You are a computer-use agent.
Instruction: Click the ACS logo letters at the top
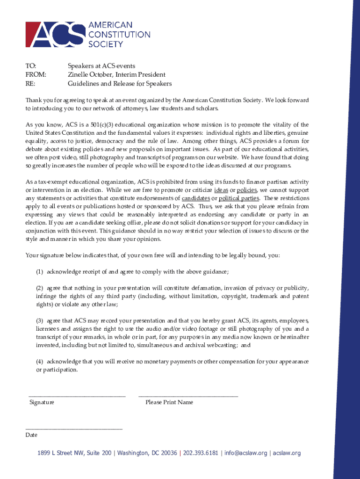tap(55, 34)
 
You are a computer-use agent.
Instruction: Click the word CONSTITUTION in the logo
tap(119, 35)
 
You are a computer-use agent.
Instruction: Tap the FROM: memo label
tap(36, 75)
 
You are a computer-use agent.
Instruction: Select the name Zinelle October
tap(93, 75)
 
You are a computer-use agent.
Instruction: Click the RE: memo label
tap(30, 84)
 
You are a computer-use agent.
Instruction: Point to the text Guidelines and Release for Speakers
tap(120, 84)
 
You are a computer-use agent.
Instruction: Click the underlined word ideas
tap(221, 190)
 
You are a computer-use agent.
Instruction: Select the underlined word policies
tap(247, 190)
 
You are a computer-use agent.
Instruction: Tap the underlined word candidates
tap(195, 198)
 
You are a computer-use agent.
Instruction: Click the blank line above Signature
tap(77, 396)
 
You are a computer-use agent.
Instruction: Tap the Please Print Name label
tap(169, 402)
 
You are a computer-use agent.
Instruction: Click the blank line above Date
tap(74, 428)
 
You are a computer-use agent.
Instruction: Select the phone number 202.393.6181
tap(201, 453)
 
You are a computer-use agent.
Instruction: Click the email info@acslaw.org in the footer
tap(245, 453)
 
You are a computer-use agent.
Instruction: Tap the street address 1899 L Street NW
tap(60, 453)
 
